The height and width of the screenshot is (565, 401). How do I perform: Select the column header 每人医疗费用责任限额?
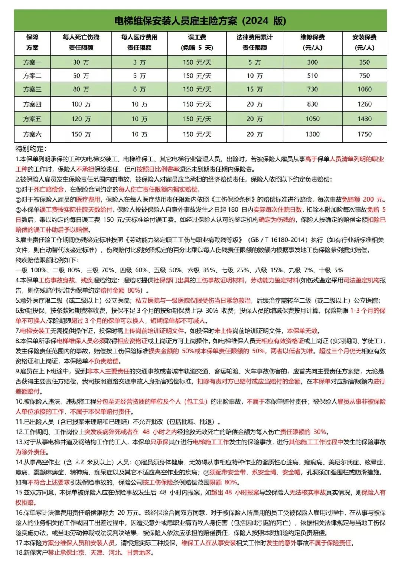tap(139, 42)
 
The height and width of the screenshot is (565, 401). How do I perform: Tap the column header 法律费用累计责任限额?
tap(254, 42)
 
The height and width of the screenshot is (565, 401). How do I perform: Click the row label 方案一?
tap(32, 62)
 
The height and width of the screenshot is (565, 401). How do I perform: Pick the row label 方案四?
tap(32, 104)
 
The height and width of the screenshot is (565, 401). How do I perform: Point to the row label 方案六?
tap(32, 134)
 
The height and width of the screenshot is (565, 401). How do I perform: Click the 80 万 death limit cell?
tap(81, 89)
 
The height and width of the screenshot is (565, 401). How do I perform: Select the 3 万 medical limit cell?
tap(139, 62)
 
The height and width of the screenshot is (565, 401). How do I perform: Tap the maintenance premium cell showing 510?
tap(312, 76)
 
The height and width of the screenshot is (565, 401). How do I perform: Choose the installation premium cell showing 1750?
tap(364, 134)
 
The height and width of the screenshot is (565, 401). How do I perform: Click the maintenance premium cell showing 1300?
tap(312, 134)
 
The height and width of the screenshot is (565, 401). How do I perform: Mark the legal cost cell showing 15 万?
tap(254, 89)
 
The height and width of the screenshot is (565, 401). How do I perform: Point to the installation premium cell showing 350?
tap(364, 62)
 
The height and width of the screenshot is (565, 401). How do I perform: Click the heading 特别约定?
tap(31, 149)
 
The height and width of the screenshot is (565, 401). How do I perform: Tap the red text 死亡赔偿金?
tap(49, 189)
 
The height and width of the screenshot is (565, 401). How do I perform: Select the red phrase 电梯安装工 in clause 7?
tap(35, 331)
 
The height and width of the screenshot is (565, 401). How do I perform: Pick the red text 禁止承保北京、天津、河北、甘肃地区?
tap(100, 553)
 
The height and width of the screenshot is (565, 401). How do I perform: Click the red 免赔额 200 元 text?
tap(363, 199)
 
